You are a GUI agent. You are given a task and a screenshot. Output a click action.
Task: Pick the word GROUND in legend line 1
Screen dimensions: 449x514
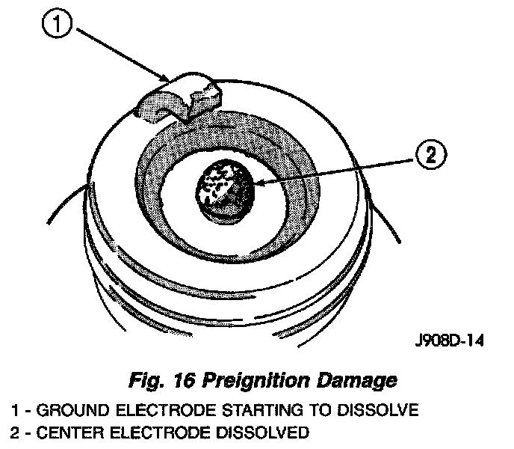click(64, 409)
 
